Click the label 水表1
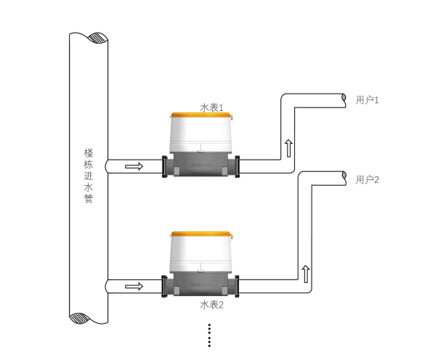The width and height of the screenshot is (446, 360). (211, 107)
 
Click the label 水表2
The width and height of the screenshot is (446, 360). (211, 305)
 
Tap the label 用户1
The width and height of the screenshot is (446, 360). (368, 100)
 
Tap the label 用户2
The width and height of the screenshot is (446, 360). (368, 179)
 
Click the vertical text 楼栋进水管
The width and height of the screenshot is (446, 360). (89, 176)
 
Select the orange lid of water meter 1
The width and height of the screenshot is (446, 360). (201, 115)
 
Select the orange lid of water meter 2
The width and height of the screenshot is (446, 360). (201, 234)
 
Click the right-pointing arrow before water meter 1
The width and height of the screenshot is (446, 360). (134, 166)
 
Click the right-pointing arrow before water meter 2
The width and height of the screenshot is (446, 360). (134, 287)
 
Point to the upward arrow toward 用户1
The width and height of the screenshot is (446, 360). (288, 148)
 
